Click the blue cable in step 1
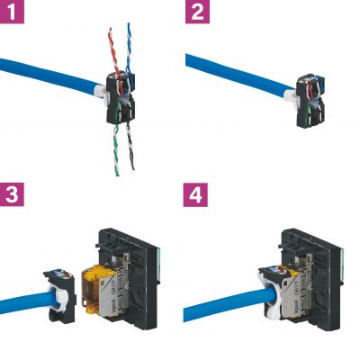[45, 72]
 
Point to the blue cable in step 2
[234, 72]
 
